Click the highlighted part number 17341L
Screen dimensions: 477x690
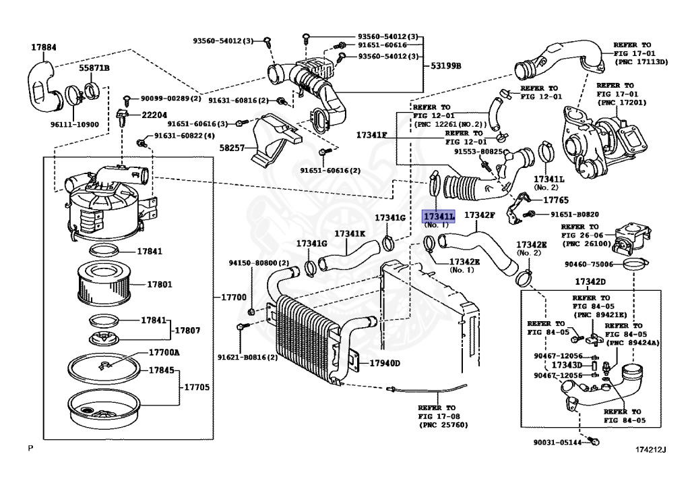coord(439,216)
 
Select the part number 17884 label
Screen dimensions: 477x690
coord(44,47)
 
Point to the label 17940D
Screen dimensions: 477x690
coord(384,364)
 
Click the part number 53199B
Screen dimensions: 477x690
coord(446,65)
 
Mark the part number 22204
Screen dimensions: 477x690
coord(154,115)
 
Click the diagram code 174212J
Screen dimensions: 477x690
coord(649,449)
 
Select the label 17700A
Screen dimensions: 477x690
coord(164,353)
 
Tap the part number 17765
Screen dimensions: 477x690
coord(556,200)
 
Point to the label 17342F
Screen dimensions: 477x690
coord(480,215)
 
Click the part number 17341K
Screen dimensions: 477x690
coord(350,233)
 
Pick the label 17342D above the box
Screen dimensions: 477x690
coord(590,281)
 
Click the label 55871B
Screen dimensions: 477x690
coord(94,69)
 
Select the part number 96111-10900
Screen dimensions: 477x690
coord(75,125)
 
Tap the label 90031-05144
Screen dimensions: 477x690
coord(557,443)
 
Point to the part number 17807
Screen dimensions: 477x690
coord(189,331)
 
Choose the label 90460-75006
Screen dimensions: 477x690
coord(589,264)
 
